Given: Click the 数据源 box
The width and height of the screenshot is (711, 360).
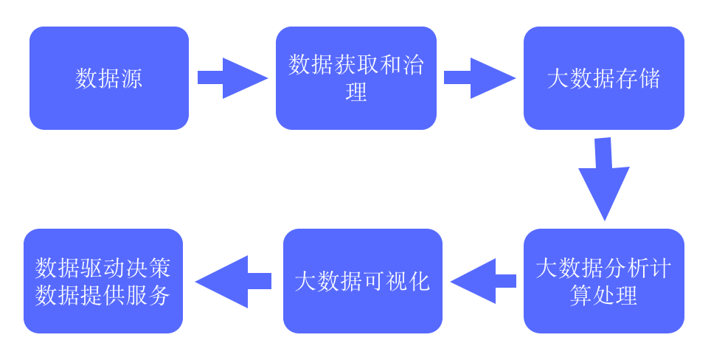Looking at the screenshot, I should click(x=109, y=78).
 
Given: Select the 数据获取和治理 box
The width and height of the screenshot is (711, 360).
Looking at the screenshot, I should click(x=356, y=78).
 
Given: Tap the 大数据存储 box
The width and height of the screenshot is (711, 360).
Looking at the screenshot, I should click(x=604, y=78).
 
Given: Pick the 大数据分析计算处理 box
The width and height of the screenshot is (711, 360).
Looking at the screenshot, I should click(x=604, y=281).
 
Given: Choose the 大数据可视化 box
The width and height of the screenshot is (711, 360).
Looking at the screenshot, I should click(x=363, y=281).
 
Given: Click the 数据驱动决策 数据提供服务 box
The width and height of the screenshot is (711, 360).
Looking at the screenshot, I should click(x=103, y=281).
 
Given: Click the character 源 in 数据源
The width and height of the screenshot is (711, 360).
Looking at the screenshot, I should click(x=131, y=78).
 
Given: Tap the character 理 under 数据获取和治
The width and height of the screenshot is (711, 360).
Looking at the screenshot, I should click(x=356, y=93).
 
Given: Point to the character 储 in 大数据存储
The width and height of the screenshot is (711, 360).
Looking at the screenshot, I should click(x=649, y=78).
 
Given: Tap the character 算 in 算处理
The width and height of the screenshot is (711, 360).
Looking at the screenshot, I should click(x=580, y=295).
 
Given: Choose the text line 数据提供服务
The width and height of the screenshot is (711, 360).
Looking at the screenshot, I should click(x=103, y=295).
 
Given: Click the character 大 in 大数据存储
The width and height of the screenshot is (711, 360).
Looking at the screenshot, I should click(x=558, y=78).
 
